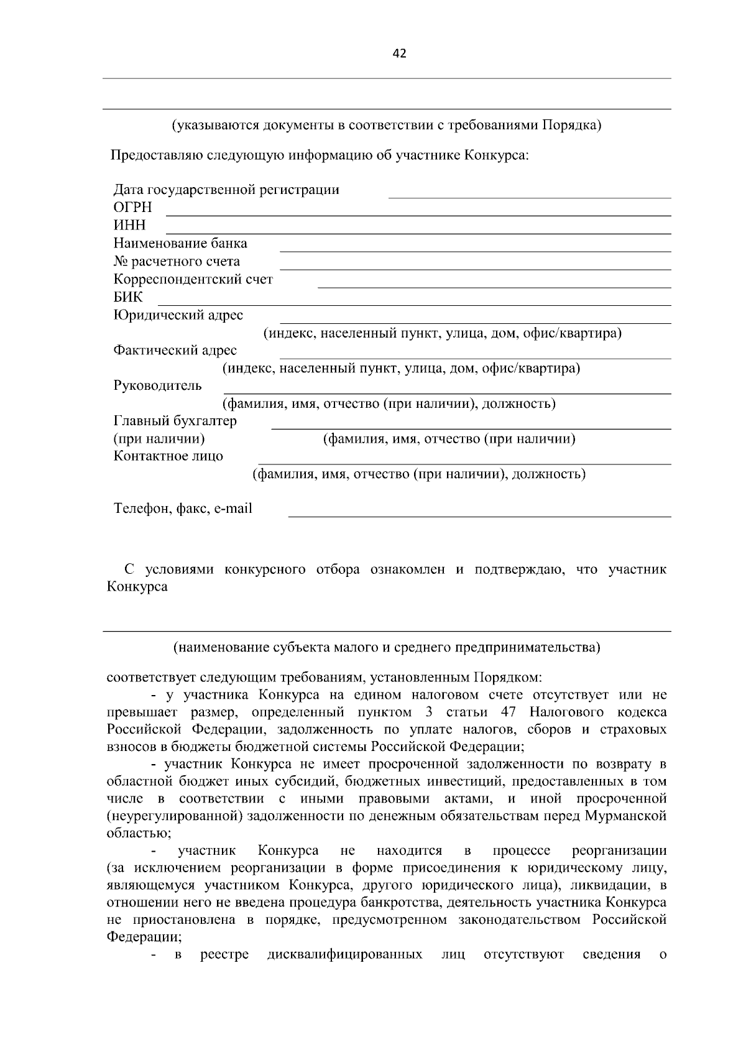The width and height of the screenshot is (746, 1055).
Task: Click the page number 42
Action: coord(399,54)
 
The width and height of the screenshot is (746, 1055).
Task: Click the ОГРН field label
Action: coord(132,208)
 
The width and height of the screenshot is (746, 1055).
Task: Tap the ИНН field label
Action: coord(129,225)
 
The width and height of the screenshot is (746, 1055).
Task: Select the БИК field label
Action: coord(128,297)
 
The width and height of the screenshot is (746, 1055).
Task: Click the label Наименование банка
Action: coord(180,243)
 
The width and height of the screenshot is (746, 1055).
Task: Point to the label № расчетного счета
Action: coord(177,261)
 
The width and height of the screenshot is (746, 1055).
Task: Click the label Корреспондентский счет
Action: coord(193,279)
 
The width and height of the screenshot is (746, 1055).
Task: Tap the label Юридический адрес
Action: coord(178,315)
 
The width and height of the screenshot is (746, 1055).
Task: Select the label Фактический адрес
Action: coord(175,351)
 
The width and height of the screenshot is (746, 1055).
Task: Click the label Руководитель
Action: coord(157,385)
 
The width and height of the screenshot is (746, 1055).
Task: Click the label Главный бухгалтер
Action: coord(175,421)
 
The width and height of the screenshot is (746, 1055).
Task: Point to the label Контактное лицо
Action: coord(168,456)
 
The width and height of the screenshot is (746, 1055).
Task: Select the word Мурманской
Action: coord(625,816)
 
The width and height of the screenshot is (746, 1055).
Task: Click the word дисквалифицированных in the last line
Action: coord(344,954)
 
